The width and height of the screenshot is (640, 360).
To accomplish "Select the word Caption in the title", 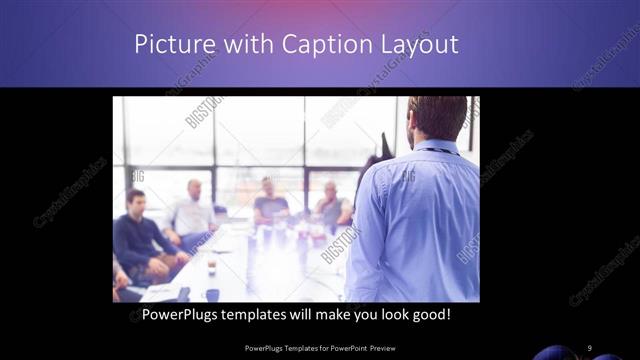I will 326,45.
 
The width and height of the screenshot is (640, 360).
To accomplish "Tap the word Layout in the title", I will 423,45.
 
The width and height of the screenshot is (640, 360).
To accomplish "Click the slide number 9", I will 590,347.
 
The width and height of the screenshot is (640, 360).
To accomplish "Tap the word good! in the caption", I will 430,315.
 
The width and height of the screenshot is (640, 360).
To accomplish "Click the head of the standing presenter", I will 437,118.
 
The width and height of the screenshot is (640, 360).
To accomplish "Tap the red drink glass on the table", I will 212,266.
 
